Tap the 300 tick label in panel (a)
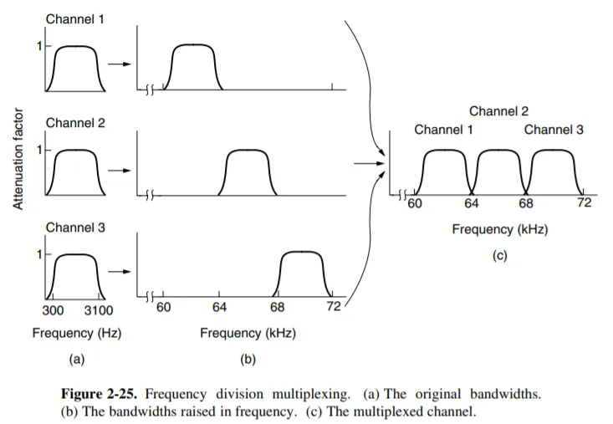54,310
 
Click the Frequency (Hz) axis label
76,333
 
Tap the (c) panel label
499,256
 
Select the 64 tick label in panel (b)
220,308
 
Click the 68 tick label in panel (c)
525,203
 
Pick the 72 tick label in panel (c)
584,203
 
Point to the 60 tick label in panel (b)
164,308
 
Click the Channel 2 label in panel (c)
498,111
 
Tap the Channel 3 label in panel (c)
554,130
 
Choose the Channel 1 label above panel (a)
75,18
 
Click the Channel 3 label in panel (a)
75,227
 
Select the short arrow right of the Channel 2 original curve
123,171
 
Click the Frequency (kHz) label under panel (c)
499,229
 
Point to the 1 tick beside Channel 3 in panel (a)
37,253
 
